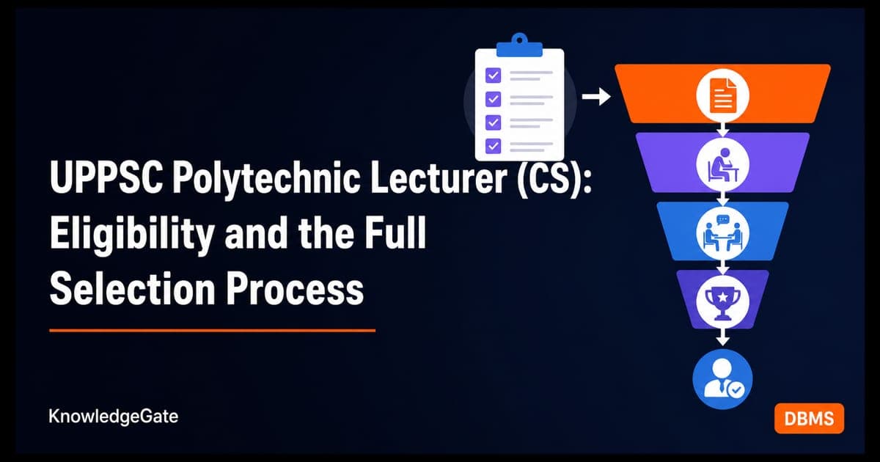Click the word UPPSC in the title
point(106,178)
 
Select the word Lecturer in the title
point(439,177)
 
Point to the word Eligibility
point(132,235)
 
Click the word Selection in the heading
point(133,289)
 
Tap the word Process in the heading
point(295,289)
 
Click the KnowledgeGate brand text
point(113,417)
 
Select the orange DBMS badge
point(809,419)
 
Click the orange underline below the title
point(212,331)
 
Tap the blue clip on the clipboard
point(519,45)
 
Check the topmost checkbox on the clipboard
point(493,75)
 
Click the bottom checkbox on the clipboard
point(493,146)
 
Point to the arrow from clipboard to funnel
point(596,97)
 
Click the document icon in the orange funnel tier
point(722,95)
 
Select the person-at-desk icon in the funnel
point(722,164)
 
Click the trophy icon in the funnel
point(722,301)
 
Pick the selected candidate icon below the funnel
point(722,379)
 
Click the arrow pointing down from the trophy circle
point(722,337)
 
